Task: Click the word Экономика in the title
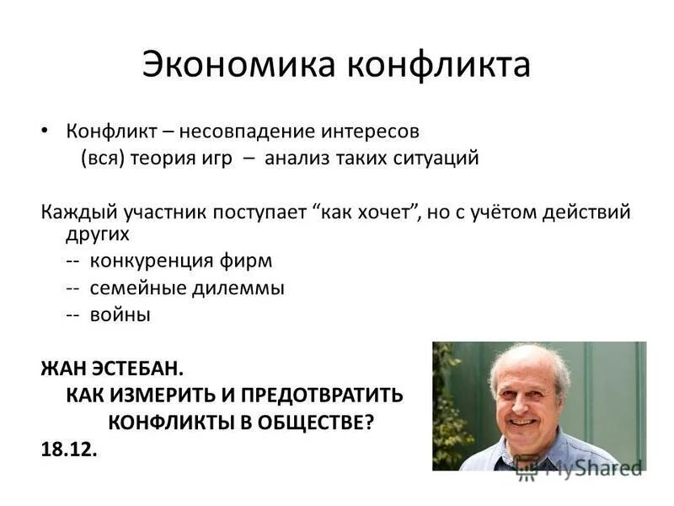tap(222, 65)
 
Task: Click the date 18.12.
tap(69, 449)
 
